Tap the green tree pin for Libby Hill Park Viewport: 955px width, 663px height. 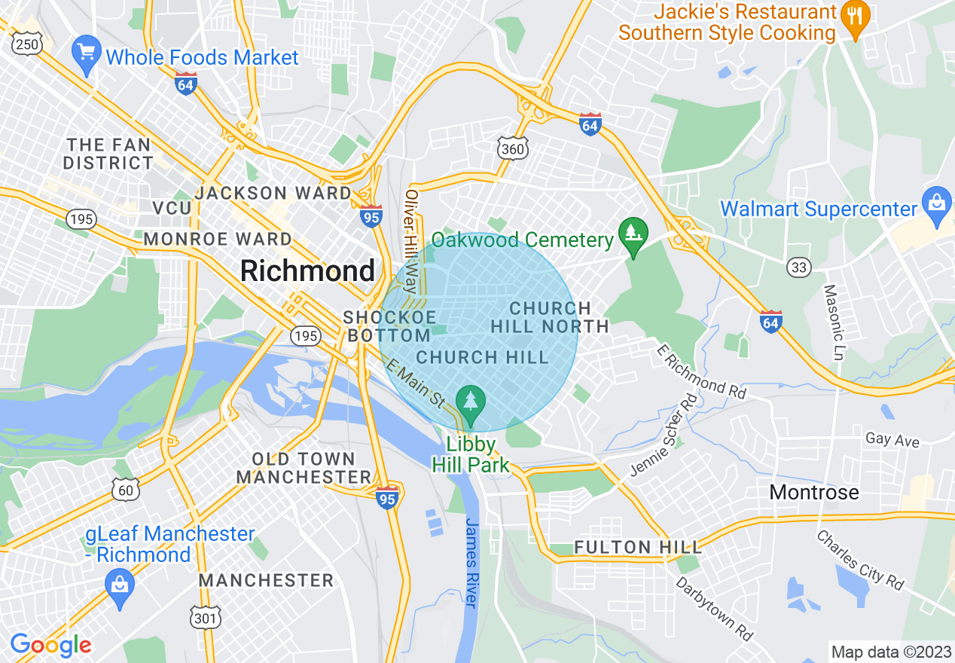click(471, 402)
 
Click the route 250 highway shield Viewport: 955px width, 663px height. click(28, 45)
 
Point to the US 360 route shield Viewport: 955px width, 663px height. click(512, 149)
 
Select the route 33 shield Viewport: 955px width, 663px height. click(798, 267)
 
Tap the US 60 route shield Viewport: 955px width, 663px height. click(126, 490)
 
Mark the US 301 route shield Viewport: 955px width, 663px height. click(206, 619)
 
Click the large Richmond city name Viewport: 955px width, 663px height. click(307, 270)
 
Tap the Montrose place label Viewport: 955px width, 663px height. click(813, 493)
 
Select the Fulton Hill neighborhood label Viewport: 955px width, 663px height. click(638, 547)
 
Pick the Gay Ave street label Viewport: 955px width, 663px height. click(892, 439)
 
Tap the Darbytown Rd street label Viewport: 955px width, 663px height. click(714, 609)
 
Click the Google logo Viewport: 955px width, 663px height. click(50, 645)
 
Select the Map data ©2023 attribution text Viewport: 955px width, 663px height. click(889, 651)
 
